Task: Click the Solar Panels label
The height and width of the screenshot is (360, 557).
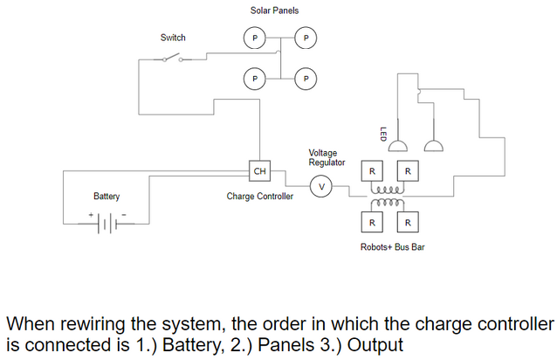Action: click(x=274, y=10)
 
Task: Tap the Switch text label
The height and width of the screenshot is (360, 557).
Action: click(x=173, y=38)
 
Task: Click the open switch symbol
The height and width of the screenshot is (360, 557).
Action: click(x=173, y=59)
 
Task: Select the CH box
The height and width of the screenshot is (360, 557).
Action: click(x=259, y=171)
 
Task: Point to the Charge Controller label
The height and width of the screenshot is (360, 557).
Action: click(x=259, y=197)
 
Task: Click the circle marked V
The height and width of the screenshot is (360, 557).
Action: click(x=321, y=186)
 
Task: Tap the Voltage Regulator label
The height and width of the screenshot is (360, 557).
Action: click(x=327, y=157)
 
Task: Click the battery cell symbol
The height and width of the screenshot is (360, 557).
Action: click(x=107, y=224)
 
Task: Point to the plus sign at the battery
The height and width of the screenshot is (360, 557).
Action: click(x=91, y=215)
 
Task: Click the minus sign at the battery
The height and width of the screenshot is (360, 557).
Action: click(x=124, y=215)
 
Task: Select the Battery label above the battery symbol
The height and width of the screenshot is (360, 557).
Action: click(x=107, y=197)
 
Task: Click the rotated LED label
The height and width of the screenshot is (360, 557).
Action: click(x=383, y=135)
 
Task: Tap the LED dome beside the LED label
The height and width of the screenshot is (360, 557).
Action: click(x=398, y=146)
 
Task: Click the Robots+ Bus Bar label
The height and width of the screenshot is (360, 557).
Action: click(x=392, y=246)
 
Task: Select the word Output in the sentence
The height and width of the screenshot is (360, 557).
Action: click(x=375, y=345)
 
